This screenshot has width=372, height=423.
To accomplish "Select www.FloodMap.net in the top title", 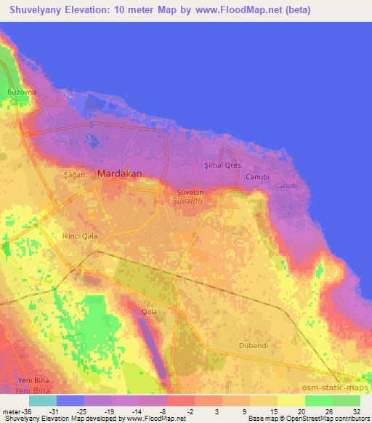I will click(x=244, y=9).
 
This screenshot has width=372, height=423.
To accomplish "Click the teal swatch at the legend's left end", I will click(x=43, y=400).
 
